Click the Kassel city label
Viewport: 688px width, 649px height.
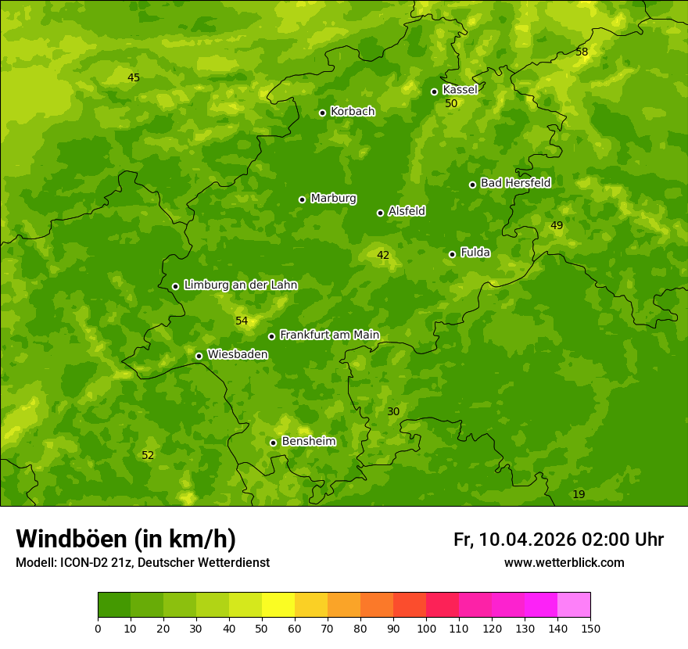460,90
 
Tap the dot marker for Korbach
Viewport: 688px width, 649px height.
322,113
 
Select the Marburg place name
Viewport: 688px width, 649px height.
333,199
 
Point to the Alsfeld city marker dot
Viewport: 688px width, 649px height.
380,213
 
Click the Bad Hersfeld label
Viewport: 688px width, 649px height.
515,183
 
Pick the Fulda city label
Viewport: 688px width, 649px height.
475,253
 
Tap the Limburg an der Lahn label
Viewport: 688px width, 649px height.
240,285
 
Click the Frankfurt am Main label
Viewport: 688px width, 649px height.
329,335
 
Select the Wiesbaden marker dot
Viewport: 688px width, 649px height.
199,356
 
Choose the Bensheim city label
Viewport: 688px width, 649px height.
308,442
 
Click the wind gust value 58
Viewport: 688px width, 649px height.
582,52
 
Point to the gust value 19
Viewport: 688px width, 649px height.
579,494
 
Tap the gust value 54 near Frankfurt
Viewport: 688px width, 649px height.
242,321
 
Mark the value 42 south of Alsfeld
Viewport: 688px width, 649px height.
383,255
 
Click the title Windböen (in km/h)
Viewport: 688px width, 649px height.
126,539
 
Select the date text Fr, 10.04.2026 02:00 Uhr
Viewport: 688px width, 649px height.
558,540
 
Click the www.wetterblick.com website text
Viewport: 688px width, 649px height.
564,562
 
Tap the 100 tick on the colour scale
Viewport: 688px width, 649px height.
426,628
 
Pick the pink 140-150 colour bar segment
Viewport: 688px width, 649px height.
574,605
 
